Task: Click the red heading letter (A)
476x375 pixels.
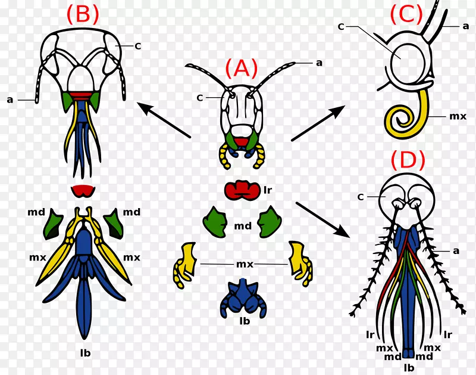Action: [241, 69]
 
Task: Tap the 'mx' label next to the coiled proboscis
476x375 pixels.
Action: [457, 117]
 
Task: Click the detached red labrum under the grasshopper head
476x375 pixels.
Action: [242, 191]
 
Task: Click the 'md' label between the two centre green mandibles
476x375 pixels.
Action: [242, 225]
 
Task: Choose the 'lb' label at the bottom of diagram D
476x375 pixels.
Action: [409, 367]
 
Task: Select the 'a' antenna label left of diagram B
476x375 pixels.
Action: [10, 100]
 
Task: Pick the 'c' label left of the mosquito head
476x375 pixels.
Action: [360, 196]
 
